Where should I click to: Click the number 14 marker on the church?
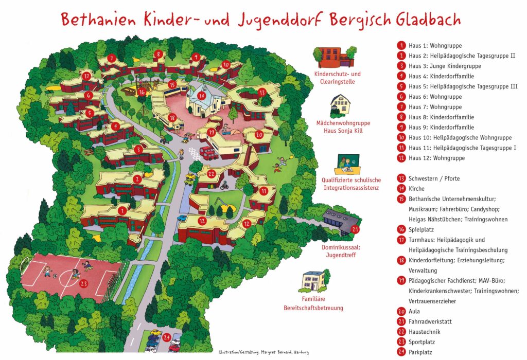pos(202,96)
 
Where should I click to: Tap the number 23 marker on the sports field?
pos(84,283)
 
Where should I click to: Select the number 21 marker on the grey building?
pos(354,230)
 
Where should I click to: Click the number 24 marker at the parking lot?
pos(166,337)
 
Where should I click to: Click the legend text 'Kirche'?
pos(416,189)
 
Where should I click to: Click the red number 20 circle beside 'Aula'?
pos(401,311)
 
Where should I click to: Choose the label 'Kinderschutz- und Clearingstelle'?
pos(334,78)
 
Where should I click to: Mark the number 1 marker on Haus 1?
pos(122,210)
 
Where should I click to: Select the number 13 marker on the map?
pos(262,93)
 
